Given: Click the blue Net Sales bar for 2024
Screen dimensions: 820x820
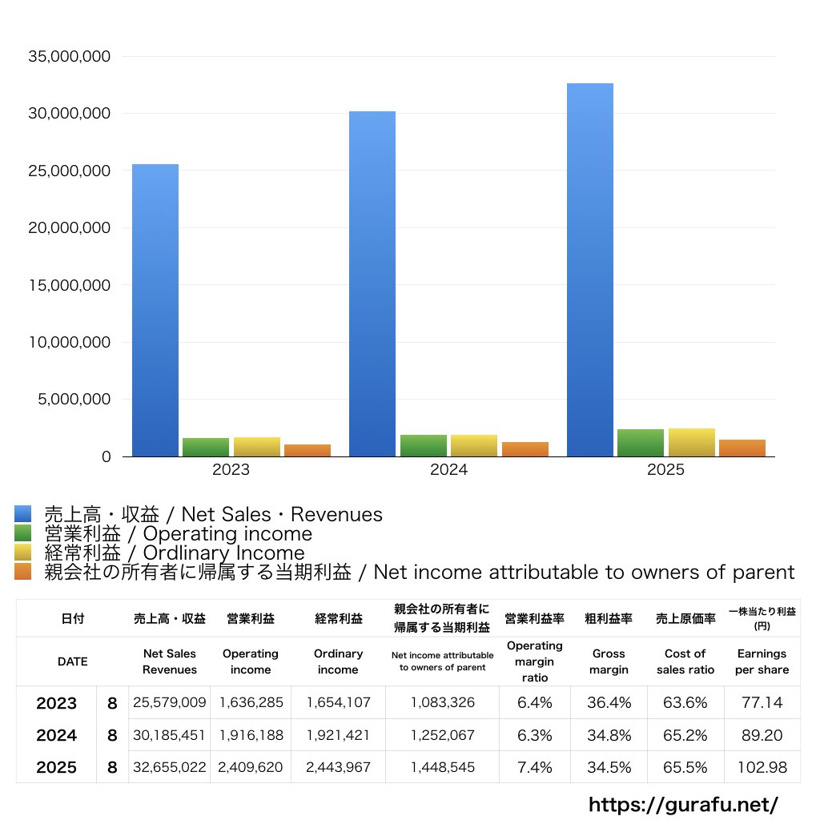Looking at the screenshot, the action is [372, 284].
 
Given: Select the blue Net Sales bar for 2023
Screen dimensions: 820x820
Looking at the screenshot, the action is [155, 310].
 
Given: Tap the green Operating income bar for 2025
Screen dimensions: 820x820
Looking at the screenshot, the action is [641, 443].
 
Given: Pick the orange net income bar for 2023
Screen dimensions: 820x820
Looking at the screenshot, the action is [307, 450].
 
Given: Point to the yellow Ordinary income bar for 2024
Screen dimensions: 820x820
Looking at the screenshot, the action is [474, 445].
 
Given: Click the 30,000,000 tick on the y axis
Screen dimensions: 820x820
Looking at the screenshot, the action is [70, 114].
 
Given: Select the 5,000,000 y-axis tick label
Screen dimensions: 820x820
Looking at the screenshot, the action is [74, 400].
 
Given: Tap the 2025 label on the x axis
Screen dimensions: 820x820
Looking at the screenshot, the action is [665, 469].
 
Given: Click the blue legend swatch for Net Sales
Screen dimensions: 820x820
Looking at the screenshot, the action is [23, 514].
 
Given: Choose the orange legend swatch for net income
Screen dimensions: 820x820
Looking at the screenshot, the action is [23, 572].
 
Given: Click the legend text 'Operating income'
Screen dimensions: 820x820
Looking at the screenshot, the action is [227, 534].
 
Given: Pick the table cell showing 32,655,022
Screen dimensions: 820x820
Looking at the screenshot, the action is [170, 767].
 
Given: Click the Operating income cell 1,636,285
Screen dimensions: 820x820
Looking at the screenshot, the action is [251, 702].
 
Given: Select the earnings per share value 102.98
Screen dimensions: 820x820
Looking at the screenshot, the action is [762, 767].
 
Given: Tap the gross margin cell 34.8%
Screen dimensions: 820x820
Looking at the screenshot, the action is [609, 735].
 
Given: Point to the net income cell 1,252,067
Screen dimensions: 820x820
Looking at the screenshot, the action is [442, 735].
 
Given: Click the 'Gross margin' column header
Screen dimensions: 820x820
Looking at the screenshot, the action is [609, 661].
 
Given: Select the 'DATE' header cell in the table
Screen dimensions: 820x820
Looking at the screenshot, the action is [73, 661].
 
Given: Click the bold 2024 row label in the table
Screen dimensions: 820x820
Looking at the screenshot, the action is [57, 735].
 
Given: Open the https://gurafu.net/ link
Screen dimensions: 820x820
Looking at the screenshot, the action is [684, 805].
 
